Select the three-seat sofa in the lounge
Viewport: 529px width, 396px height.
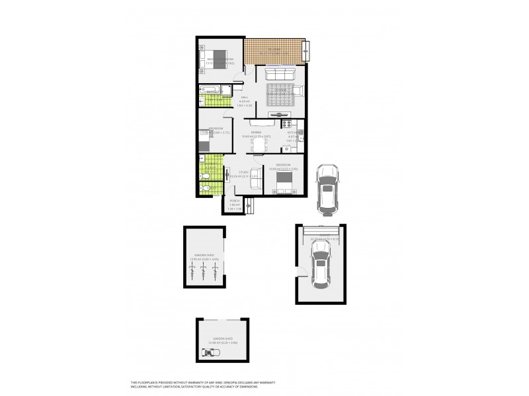[x=276, y=72]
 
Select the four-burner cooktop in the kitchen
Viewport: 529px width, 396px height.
[x=287, y=123]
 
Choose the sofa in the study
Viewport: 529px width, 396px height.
[x=227, y=175]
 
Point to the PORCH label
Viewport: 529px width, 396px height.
[x=235, y=201]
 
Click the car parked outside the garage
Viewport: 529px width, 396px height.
[x=326, y=189]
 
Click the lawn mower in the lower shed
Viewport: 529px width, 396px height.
[x=212, y=352]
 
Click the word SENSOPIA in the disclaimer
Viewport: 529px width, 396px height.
[x=256, y=382]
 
